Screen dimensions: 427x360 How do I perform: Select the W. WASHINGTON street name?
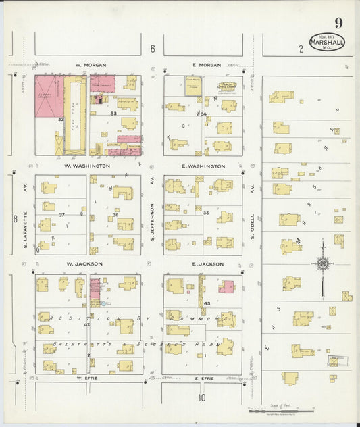87,166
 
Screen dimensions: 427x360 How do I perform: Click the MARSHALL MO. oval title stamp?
327,42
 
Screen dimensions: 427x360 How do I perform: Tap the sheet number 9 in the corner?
337,24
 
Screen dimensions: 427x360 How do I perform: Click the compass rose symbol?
323,263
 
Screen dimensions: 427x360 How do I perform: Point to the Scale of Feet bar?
282,409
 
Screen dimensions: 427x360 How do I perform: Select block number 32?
60,120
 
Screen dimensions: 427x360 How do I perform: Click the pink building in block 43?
226,287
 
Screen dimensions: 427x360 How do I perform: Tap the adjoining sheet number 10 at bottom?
201,397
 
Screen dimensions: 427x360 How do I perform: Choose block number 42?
86,325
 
